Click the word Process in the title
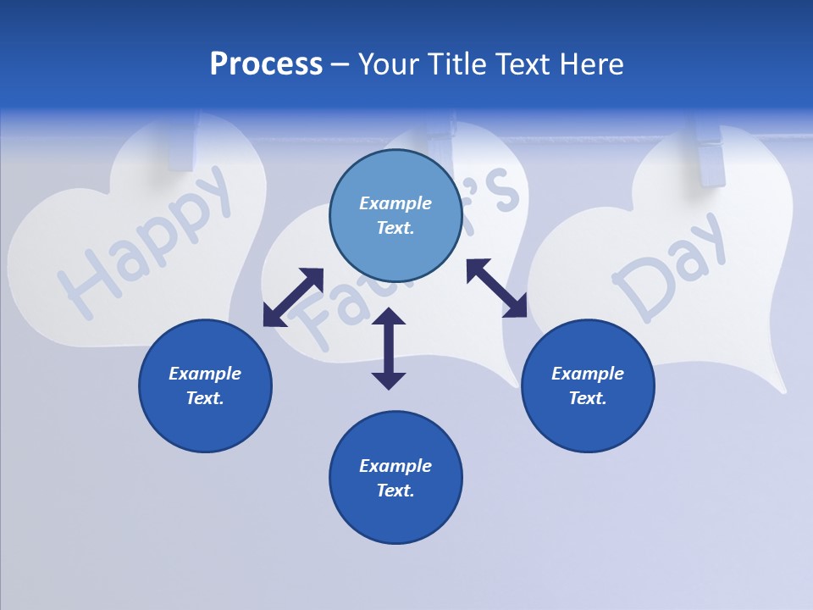(266, 64)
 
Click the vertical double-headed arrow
(389, 348)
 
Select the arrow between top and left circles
(293, 297)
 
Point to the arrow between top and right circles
(496, 288)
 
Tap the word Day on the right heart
(669, 267)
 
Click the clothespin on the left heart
(183, 141)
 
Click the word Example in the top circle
(395, 203)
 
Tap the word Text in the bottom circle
(394, 491)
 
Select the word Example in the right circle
(588, 374)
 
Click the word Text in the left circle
(204, 398)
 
